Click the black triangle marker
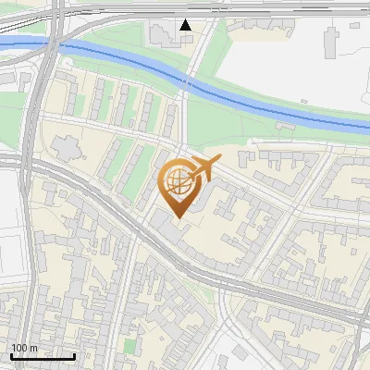pos(186,25)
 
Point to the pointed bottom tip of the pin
pos(178,218)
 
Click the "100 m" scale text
pos(25,348)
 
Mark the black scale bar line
pos(43,356)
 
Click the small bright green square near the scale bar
pos(130,346)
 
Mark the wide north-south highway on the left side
pos(31,231)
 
